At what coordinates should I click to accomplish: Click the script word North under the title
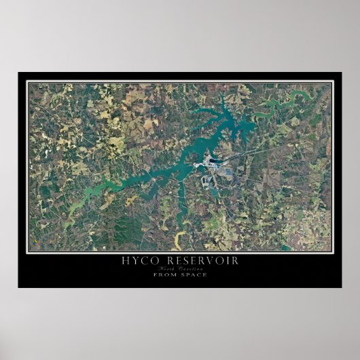168,268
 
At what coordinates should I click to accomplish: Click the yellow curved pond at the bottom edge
181,238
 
